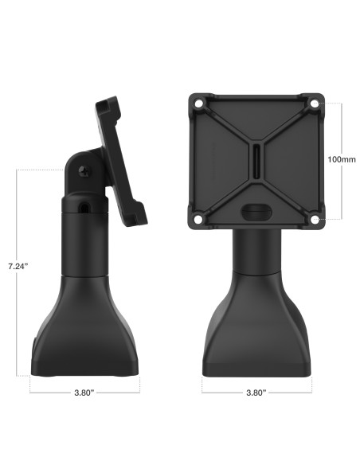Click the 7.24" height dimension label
(x=17, y=265)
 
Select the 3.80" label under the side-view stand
(x=84, y=393)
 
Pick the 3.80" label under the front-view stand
(x=256, y=393)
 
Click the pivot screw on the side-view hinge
(x=84, y=170)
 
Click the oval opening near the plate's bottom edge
(x=256, y=210)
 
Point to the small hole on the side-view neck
(x=85, y=206)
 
